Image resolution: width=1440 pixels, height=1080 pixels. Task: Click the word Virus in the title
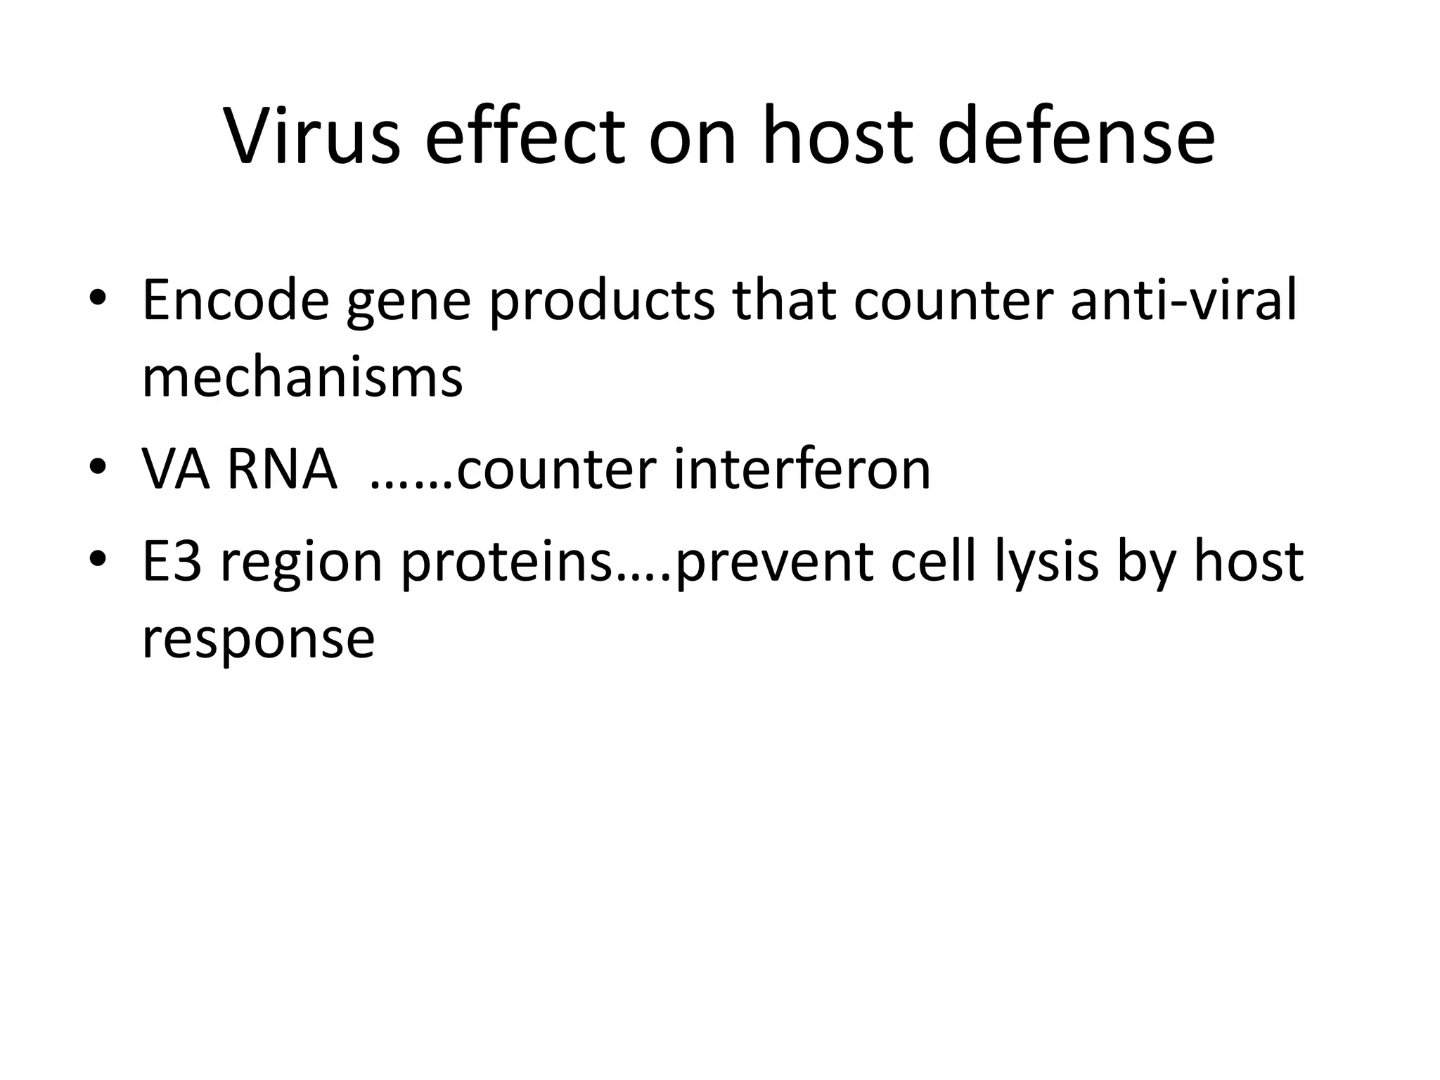coord(312,136)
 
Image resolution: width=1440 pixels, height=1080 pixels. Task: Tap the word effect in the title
coord(525,136)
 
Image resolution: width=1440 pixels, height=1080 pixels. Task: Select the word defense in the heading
coord(1076,136)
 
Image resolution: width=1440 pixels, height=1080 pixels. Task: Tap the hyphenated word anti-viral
coord(1183,300)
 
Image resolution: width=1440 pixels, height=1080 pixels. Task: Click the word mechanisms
coord(302,378)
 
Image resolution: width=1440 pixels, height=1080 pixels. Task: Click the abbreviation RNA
coord(282,469)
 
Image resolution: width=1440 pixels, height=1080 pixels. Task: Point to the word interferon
coord(802,469)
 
